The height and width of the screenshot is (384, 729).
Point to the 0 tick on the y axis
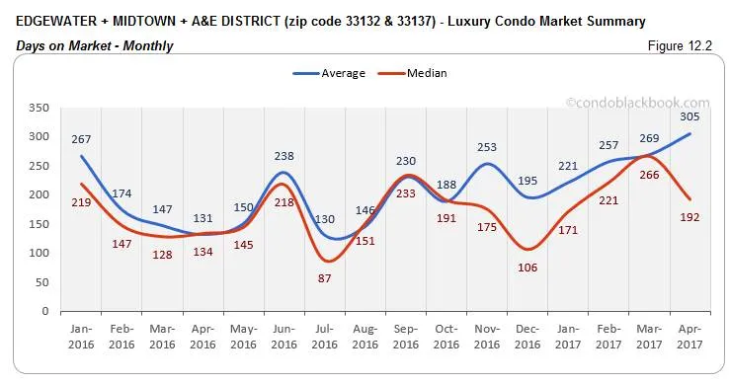tap(44, 312)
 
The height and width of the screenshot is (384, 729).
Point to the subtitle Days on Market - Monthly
tap(95, 45)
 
